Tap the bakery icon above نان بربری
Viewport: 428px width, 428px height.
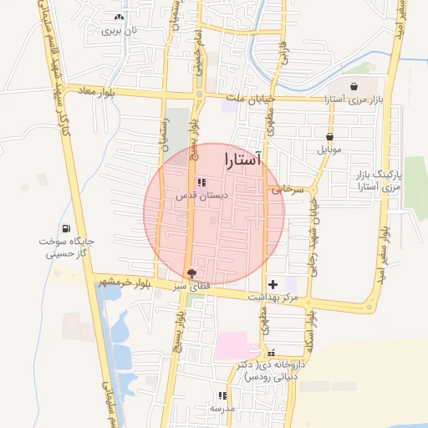[118, 17]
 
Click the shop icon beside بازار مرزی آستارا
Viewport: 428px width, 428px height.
[354, 86]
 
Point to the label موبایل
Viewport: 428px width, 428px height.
[331, 150]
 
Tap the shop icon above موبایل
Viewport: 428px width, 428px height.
[330, 136]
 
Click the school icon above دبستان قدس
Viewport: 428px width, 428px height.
[201, 181]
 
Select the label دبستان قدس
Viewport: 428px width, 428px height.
[201, 195]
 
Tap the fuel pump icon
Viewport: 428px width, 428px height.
[66, 228]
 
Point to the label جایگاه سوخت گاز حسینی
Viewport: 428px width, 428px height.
[66, 246]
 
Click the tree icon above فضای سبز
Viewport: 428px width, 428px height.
[193, 273]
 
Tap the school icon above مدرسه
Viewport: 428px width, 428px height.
[222, 395]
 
